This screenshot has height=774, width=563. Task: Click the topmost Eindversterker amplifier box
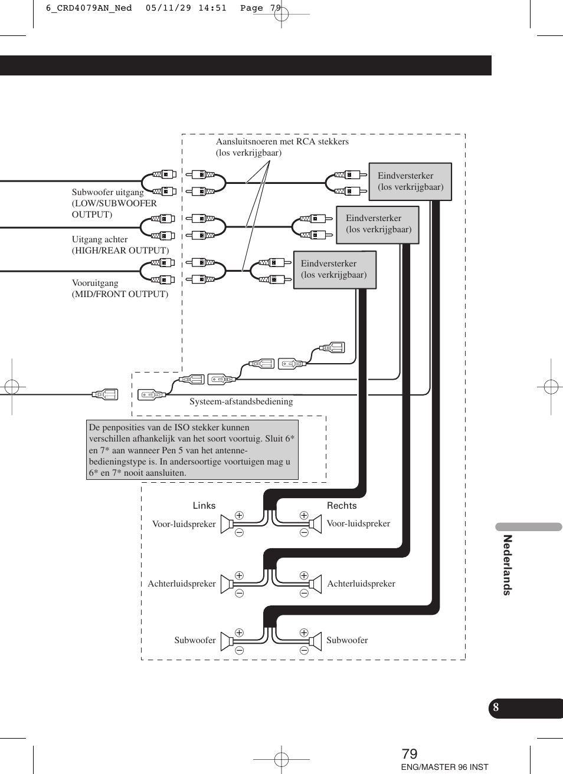410,182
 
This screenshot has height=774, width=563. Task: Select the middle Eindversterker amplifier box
378,224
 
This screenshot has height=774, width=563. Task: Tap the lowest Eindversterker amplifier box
335,269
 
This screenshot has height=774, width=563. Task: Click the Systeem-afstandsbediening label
241,401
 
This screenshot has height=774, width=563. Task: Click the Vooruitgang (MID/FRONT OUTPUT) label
120,288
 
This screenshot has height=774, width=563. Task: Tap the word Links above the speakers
204,506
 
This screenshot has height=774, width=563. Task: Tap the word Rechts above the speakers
342,506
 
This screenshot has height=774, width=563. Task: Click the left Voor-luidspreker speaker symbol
227,524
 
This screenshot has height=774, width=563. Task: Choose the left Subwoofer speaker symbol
227,641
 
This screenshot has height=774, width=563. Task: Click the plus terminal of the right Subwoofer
304,633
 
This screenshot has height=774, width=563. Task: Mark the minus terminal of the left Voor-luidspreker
239,533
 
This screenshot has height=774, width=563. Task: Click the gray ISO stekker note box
192,450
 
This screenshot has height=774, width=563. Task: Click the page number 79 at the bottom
410,754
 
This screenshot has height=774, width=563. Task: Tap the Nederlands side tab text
507,565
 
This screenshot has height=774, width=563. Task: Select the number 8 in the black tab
496,707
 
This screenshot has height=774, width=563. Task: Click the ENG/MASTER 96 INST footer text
444,767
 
